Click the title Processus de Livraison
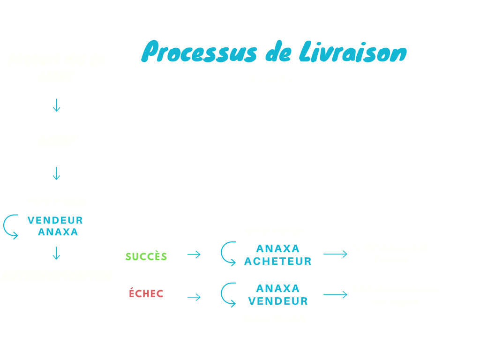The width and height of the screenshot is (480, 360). point(274,52)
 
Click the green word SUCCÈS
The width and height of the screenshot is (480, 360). point(146,256)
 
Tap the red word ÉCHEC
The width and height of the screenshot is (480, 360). point(146,294)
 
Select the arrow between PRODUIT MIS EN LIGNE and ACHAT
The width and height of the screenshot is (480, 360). point(57,105)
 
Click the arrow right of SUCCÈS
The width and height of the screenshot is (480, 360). point(194,255)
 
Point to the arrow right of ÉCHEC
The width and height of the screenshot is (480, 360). point(194,297)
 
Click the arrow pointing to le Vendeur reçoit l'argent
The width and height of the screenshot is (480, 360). point(335,254)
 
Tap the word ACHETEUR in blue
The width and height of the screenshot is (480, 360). point(278,262)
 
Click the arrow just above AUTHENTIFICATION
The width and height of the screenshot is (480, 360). point(57,253)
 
